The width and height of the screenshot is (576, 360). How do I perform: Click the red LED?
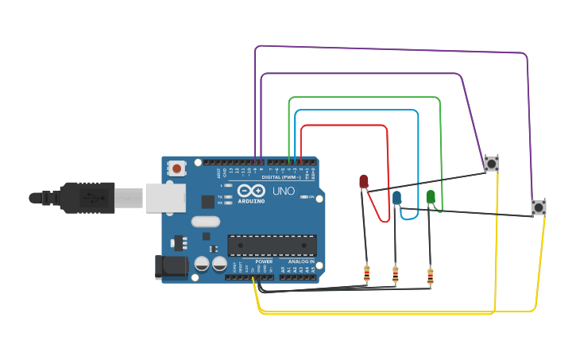coord(364,182)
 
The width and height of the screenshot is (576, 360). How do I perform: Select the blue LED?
coord(396,198)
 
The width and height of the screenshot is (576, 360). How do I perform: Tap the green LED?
coord(431,196)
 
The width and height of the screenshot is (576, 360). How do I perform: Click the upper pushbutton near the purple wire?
coord(491,164)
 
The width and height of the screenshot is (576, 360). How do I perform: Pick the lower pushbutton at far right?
coord(539,207)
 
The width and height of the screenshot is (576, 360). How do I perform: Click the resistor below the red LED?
coord(366,274)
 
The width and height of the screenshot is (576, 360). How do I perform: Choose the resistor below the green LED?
coord(430,276)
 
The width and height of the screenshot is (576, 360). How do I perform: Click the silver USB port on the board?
coord(165,198)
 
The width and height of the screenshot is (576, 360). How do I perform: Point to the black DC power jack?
coord(172,268)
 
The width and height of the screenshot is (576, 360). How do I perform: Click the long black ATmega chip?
coord(272,246)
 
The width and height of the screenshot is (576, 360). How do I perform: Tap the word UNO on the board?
coord(284,192)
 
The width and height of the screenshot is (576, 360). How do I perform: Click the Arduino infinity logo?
coord(251,192)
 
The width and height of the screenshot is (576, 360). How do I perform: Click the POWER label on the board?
coord(264,261)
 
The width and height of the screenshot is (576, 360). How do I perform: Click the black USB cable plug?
coord(87,198)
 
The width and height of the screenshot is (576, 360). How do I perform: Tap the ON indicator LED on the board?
coord(303,197)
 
